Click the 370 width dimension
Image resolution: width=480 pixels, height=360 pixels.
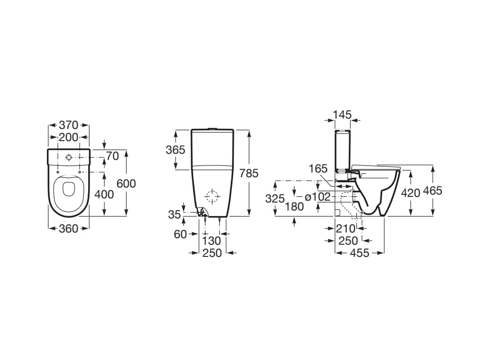pyautogui.click(x=68, y=125)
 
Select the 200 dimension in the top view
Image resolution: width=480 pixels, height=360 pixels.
pyautogui.click(x=68, y=137)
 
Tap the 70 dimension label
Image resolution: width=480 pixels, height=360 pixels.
pyautogui.click(x=112, y=156)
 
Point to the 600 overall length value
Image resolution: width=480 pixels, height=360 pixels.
pyautogui.click(x=126, y=183)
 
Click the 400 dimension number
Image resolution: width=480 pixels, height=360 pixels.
pyautogui.click(x=104, y=194)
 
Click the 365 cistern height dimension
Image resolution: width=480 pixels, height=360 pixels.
pyautogui.click(x=175, y=150)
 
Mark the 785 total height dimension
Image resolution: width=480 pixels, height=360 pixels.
pyautogui.click(x=248, y=173)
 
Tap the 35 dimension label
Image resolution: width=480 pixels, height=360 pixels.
pyautogui.click(x=174, y=215)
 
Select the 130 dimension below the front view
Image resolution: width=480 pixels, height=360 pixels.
pyautogui.click(x=211, y=240)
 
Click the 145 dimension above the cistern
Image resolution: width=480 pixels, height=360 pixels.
pyautogui.click(x=342, y=115)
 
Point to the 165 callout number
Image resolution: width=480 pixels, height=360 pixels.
pyautogui.click(x=318, y=169)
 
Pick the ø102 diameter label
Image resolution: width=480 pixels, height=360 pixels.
pyautogui.click(x=318, y=197)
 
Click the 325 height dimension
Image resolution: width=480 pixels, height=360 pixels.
pyautogui.click(x=275, y=198)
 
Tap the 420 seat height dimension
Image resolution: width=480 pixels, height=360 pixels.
pyautogui.click(x=410, y=193)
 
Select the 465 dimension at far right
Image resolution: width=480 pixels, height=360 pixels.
pyautogui.click(x=432, y=190)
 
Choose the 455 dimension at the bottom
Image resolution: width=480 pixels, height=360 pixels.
pyautogui.click(x=360, y=253)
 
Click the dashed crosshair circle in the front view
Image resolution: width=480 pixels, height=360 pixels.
pyautogui.click(x=212, y=196)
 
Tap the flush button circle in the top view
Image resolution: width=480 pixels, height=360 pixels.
pyautogui.click(x=68, y=157)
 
